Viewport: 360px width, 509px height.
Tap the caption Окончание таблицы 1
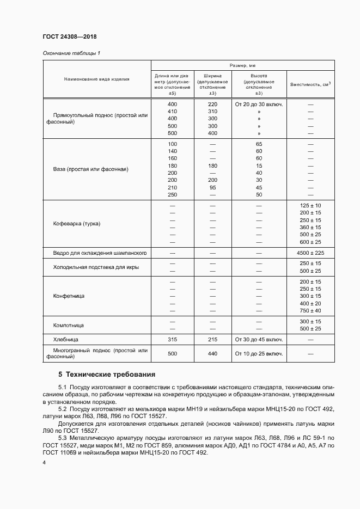click(x=71, y=53)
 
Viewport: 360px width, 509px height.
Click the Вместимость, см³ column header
click(x=310, y=84)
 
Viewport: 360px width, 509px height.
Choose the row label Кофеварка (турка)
click(x=77, y=224)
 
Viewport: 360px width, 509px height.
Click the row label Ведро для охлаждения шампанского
click(x=100, y=253)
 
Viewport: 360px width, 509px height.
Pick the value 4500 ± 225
click(x=310, y=253)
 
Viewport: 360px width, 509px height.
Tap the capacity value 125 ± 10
click(x=310, y=205)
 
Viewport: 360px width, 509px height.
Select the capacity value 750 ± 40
click(x=310, y=310)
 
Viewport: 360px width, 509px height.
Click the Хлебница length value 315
click(x=172, y=339)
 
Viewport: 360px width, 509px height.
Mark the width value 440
click(x=212, y=353)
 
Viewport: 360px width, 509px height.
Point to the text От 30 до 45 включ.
click(x=259, y=339)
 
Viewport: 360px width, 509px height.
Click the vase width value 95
click(x=212, y=187)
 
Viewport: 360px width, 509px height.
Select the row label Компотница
click(x=68, y=325)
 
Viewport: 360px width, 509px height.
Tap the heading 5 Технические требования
click(x=107, y=375)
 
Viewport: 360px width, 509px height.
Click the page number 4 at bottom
click(x=44, y=462)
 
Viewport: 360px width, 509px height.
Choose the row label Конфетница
click(x=69, y=296)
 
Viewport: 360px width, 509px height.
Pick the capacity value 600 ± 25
click(x=310, y=242)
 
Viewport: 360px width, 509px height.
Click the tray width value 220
click(x=212, y=104)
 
